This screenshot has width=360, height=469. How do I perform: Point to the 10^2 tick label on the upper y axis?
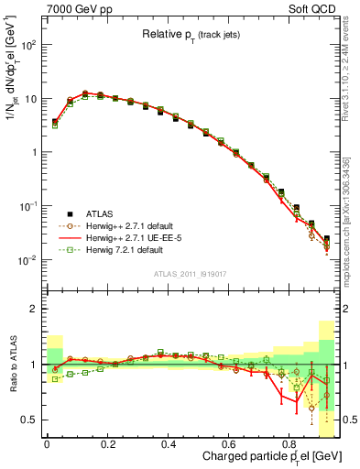point(29,44)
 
